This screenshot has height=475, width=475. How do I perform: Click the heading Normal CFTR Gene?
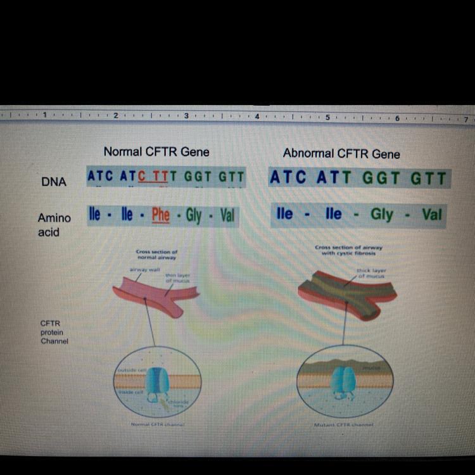[x=156, y=151]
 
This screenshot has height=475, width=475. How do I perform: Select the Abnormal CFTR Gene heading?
[x=341, y=153]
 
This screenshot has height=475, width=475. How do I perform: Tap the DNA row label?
[x=54, y=182]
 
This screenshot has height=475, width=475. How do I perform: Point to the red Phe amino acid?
[x=161, y=215]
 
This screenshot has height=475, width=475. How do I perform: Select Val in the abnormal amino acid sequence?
[x=431, y=214]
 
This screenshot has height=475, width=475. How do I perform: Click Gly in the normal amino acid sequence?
[x=194, y=216]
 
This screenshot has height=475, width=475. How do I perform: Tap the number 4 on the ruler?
[x=257, y=117]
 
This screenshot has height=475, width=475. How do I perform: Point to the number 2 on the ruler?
[x=115, y=117]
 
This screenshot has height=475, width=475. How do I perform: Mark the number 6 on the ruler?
[x=397, y=118]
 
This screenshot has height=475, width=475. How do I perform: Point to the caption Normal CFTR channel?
[x=157, y=424]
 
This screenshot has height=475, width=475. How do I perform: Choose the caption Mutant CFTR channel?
[x=343, y=425]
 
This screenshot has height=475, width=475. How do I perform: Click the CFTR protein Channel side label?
[x=54, y=332]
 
